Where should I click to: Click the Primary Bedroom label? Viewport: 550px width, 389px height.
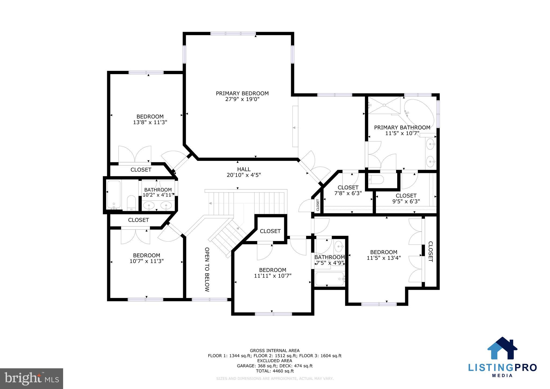pos(242,93)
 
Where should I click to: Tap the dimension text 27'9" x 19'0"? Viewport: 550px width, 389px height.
pos(242,99)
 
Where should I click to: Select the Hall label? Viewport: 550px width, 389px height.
pos(244,169)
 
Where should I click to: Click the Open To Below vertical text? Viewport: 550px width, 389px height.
pos(207,269)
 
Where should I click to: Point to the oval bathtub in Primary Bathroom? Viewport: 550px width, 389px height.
pos(419,115)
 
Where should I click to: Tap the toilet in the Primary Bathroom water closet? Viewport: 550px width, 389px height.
pos(376,179)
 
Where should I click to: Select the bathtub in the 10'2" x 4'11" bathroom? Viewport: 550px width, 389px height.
pos(114,195)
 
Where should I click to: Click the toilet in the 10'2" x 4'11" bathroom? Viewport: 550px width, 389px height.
pos(131,203)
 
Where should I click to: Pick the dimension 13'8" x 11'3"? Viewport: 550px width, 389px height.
pos(150,123)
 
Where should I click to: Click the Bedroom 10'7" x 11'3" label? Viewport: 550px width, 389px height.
pos(147,255)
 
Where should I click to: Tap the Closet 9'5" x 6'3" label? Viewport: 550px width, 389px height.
pos(406,196)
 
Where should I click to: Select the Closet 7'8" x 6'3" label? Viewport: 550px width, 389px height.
pos(348,188)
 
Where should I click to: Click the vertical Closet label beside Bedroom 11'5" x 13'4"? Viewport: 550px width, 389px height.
pos(430,251)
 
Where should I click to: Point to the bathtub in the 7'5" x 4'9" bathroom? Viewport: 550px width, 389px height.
pos(329,279)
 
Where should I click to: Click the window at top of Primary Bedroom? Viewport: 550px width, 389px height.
pos(233,34)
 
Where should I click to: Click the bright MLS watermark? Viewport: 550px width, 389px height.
pos(32,379)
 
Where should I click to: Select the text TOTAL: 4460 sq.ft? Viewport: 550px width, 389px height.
pos(274,371)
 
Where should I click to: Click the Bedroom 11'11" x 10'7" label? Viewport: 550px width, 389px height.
pos(273,270)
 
